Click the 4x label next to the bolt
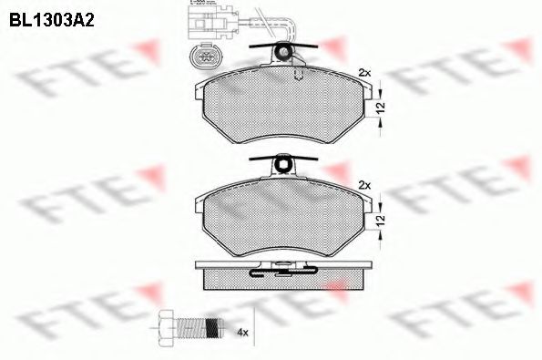click(x=241, y=333)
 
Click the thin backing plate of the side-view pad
click(x=284, y=262)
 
